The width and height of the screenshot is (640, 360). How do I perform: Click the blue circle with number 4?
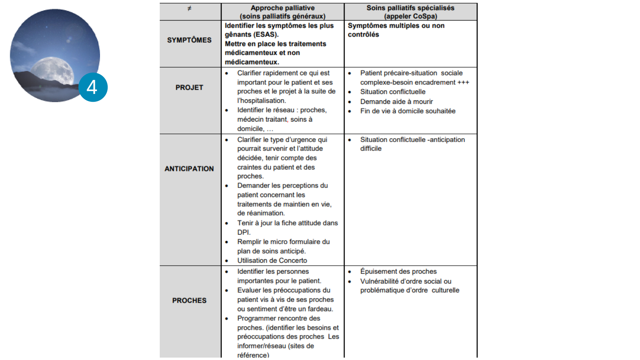click(x=93, y=87)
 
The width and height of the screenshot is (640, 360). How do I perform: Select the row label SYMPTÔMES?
click(x=189, y=40)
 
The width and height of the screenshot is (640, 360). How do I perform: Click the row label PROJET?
click(x=189, y=87)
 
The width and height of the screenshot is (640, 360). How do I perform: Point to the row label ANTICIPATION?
click(x=189, y=169)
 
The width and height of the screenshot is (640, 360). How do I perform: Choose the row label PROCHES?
click(x=189, y=301)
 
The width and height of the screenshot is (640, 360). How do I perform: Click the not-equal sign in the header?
click(x=189, y=8)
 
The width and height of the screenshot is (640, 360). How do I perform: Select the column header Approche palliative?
click(x=282, y=8)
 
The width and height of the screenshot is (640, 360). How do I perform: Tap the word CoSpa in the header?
click(x=424, y=16)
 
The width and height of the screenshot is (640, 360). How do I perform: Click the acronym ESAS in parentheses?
click(x=265, y=34)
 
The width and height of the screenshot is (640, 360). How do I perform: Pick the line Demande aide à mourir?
click(x=396, y=101)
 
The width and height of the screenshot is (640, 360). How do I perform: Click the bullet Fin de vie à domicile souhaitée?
click(x=408, y=111)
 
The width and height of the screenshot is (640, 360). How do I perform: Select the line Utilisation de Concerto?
click(x=272, y=261)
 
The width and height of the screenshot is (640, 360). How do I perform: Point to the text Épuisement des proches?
click(x=398, y=272)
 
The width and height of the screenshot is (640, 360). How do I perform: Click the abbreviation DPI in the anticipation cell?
click(x=243, y=232)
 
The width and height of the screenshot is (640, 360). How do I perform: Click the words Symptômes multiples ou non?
click(x=396, y=26)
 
